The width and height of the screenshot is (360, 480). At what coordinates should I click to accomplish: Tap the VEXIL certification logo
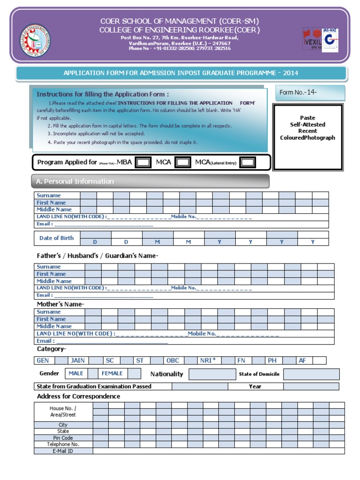tap(313, 40)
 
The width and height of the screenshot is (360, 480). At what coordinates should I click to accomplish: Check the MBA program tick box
tap(143, 162)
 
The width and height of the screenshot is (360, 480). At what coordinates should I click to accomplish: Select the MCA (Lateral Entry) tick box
tap(247, 162)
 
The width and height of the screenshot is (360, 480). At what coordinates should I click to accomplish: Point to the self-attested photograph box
tap(307, 136)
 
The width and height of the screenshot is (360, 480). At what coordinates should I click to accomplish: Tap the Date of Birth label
tap(57, 238)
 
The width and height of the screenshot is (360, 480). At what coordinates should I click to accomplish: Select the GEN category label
tap(43, 360)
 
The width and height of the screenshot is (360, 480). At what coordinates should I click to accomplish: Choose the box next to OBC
tap(190, 360)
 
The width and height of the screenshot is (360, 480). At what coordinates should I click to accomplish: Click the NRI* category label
tap(208, 360)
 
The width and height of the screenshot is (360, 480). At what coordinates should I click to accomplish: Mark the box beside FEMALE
tap(134, 374)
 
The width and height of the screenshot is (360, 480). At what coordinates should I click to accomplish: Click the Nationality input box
tap(212, 374)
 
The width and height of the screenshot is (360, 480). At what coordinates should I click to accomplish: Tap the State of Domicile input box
tap(311, 374)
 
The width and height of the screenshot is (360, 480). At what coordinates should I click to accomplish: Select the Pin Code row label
tap(63, 438)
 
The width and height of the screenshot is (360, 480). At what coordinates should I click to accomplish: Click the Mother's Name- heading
tap(60, 304)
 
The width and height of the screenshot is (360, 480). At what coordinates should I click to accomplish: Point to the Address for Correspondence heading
tap(78, 397)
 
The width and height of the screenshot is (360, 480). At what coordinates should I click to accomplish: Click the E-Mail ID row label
tap(63, 451)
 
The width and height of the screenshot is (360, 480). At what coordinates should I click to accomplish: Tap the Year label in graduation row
tap(255, 387)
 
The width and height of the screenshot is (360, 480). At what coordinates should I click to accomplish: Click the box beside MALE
tap(93, 374)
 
